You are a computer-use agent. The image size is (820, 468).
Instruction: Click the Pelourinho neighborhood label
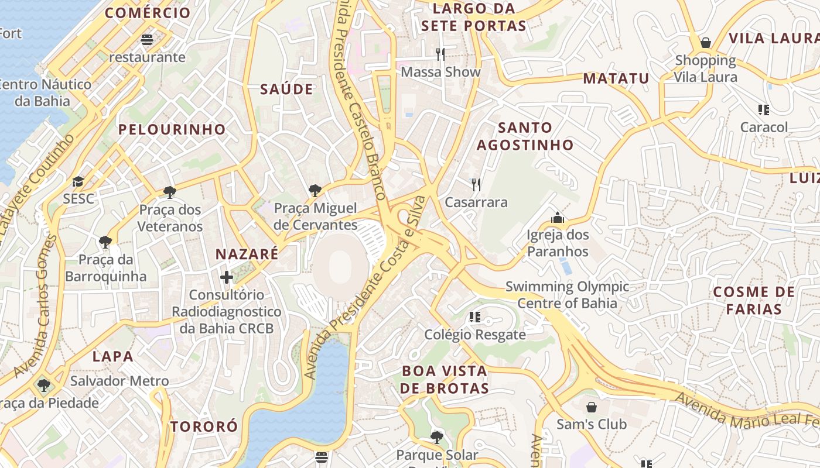(172, 129)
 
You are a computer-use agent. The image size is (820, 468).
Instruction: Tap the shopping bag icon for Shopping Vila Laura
(706, 43)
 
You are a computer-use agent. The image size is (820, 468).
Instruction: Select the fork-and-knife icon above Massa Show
(440, 54)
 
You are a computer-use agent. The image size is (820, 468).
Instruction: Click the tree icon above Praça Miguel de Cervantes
(315, 191)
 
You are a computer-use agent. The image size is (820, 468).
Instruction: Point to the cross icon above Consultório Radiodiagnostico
(227, 277)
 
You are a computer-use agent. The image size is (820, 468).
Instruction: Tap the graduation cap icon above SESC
(78, 181)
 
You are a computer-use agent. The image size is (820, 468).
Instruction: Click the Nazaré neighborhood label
(247, 254)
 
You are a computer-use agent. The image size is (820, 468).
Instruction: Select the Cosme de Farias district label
(754, 300)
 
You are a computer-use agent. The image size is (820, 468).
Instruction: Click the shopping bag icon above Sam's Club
(592, 407)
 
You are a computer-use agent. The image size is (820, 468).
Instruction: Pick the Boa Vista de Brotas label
(445, 380)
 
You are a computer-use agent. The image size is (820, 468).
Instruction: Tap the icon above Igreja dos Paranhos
(558, 218)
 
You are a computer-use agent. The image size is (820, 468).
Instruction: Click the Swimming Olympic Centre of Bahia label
(567, 294)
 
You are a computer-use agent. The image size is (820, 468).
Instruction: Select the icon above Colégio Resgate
(475, 317)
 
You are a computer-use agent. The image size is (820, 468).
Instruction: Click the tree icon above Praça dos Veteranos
(170, 192)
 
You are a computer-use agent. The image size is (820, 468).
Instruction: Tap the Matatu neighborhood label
(616, 78)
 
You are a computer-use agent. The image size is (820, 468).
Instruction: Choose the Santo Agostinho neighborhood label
(525, 136)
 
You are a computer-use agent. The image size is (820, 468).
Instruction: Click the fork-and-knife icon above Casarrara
(476, 185)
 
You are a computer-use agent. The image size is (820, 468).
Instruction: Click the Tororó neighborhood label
(204, 426)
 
